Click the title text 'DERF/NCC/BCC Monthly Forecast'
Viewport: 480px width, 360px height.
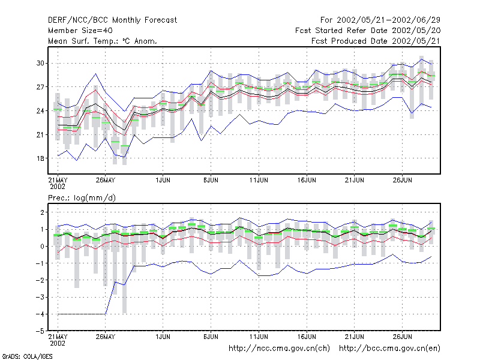112,20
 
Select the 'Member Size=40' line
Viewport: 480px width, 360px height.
80,31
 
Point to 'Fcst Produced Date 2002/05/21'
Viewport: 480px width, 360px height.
376,41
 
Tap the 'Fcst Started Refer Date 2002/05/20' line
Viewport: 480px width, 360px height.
368,31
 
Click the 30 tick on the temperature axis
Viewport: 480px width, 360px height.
40,63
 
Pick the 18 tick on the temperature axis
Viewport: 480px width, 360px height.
40,158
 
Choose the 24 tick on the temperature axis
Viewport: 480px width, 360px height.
40,111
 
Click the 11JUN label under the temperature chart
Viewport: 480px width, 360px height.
259,180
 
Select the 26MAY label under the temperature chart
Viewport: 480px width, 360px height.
106,180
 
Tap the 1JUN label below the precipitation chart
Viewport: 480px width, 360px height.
163,337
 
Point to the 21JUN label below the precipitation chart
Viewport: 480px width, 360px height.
355,337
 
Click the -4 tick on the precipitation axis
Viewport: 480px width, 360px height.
40,314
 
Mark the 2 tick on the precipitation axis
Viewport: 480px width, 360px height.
42,212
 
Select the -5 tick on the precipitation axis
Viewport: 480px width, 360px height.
40,331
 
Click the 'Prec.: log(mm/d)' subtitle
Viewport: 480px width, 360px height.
82,198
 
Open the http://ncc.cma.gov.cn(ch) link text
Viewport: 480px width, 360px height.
279,349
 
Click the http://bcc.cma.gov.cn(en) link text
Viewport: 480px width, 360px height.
389,349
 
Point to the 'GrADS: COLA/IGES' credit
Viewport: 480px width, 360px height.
27,356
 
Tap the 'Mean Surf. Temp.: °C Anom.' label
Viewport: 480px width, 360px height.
103,41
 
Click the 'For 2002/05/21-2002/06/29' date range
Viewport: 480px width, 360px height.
380,20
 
